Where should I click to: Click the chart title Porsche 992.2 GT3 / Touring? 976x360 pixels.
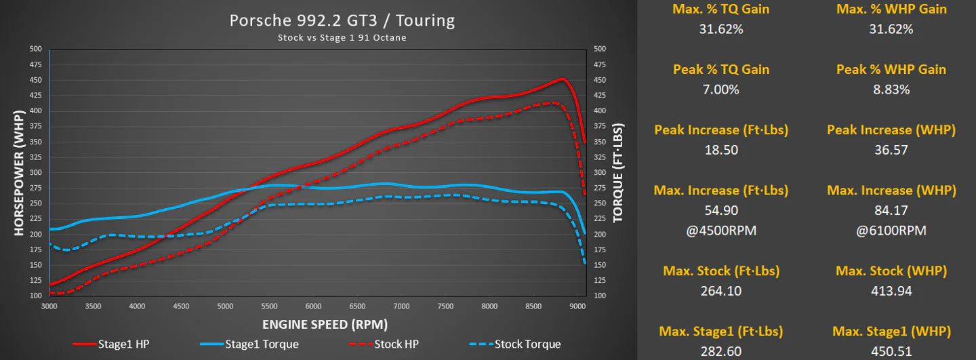pos(342,20)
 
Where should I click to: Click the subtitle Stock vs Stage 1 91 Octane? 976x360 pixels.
pos(342,38)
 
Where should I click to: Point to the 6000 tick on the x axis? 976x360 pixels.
pos(313,306)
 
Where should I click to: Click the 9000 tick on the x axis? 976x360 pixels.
pos(577,306)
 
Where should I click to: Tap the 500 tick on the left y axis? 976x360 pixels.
pos(35,49)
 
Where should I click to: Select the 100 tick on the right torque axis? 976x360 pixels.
pos(601,296)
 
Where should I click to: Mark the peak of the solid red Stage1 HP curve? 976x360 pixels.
pos(562,79)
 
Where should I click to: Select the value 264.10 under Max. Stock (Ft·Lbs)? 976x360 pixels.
pos(721,291)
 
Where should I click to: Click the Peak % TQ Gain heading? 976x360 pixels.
pos(721,69)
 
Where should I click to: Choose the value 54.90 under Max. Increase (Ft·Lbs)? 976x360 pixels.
pos(721,211)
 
